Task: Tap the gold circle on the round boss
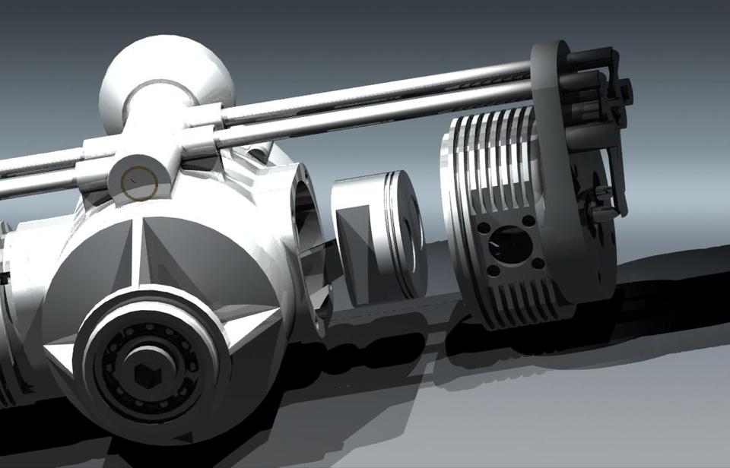pyautogui.click(x=139, y=182)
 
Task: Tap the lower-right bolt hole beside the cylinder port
pyautogui.click(x=538, y=264)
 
